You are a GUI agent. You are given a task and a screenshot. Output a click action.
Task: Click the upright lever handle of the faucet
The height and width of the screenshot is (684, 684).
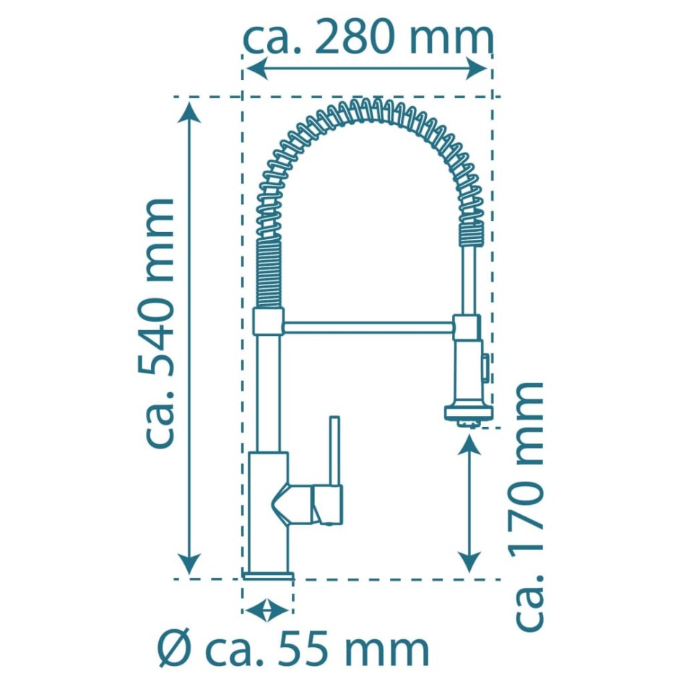(x=334, y=451)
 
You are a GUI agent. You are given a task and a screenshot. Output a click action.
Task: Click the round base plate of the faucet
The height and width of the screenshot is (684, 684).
(x=268, y=575)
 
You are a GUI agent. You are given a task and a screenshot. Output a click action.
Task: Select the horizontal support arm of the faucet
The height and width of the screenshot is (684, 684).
(x=368, y=327)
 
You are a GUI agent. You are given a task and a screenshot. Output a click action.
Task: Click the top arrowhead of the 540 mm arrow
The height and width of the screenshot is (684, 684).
(x=189, y=108)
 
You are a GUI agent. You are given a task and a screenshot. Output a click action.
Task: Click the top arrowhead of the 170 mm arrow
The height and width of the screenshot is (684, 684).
(x=470, y=443)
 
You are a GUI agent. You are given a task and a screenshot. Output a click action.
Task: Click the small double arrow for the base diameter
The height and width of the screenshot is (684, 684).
(x=267, y=610)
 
